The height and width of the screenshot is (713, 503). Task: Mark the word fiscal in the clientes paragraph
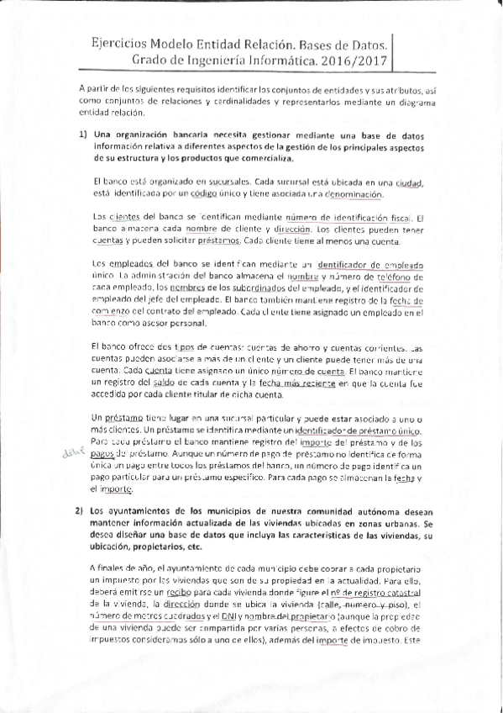click(x=399, y=218)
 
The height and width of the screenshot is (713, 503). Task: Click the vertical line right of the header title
click(x=393, y=52)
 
